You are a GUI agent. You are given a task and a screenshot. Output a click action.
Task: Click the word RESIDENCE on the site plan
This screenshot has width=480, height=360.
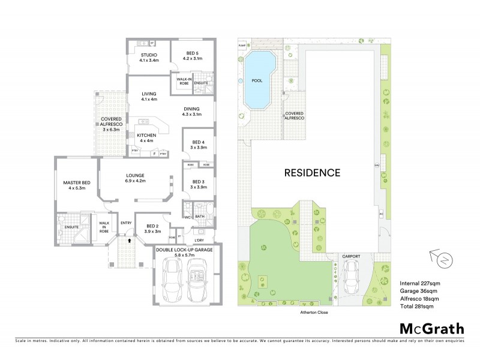tap(311, 173)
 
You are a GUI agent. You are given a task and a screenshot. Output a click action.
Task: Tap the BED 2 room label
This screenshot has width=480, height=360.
tap(152, 228)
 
